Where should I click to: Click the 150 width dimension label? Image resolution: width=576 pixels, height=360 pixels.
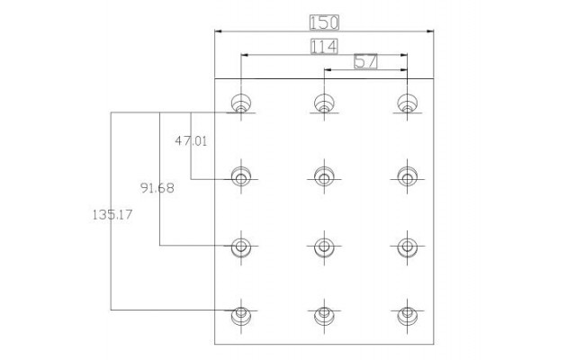pyautogui.click(x=324, y=22)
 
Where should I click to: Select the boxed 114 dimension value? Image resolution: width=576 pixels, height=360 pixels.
pyautogui.click(x=324, y=47)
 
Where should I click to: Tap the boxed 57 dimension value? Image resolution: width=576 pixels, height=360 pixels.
pyautogui.click(x=366, y=61)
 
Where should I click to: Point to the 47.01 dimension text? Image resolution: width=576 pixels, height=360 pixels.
pyautogui.click(x=191, y=140)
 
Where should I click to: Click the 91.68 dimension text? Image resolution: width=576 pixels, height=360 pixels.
pyautogui.click(x=157, y=188)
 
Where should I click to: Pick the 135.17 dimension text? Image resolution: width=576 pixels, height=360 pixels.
pyautogui.click(x=112, y=214)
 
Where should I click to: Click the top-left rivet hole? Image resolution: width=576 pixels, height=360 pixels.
pyautogui.click(x=241, y=103)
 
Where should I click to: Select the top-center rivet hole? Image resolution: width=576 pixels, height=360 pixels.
pyautogui.click(x=324, y=103)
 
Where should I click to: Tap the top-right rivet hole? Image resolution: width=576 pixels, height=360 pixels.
pyautogui.click(x=408, y=103)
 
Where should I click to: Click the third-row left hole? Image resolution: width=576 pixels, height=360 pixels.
pyautogui.click(x=241, y=247)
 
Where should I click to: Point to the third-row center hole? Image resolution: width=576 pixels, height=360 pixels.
pyautogui.click(x=324, y=247)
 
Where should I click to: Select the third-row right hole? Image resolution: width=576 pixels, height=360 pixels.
pyautogui.click(x=408, y=247)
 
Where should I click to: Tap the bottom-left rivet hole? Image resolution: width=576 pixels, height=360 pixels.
pyautogui.click(x=241, y=315)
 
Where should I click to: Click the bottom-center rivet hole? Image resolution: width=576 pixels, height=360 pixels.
pyautogui.click(x=324, y=315)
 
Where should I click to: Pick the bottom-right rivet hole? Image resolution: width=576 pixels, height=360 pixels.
pyautogui.click(x=408, y=315)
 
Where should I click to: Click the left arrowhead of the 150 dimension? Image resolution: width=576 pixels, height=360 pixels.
pyautogui.click(x=218, y=31)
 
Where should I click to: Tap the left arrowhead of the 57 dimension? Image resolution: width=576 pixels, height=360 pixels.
pyautogui.click(x=328, y=69)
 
